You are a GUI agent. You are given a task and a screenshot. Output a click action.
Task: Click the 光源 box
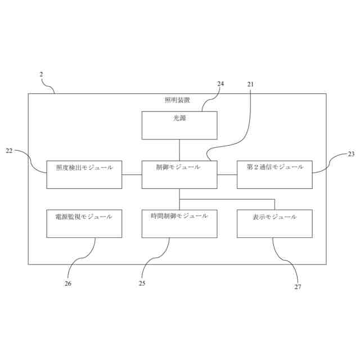[x=179, y=125]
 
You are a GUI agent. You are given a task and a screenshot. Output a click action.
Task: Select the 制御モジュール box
[x=179, y=174]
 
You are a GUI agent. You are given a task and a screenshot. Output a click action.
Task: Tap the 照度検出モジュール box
[x=84, y=174]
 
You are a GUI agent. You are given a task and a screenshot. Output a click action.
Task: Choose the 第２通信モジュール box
[x=274, y=174]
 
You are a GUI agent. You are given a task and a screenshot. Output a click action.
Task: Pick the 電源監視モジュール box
[x=84, y=223]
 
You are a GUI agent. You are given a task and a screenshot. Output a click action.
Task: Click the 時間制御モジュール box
[x=179, y=223]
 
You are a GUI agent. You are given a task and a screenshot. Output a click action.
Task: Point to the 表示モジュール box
[x=274, y=223]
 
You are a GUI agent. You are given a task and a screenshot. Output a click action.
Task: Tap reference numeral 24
[x=220, y=84]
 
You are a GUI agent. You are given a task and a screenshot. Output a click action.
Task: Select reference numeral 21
[x=251, y=84]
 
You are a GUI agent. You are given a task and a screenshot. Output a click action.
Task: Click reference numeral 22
[x=9, y=151]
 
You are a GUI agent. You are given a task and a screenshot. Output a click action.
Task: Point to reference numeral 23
[x=351, y=154]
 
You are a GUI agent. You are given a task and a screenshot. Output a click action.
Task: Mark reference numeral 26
[x=68, y=283]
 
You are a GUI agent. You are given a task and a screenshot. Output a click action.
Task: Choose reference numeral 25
[x=142, y=283]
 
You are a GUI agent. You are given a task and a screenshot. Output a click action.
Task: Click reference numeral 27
[x=298, y=287]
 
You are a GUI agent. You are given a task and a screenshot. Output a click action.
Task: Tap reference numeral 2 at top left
[x=41, y=74]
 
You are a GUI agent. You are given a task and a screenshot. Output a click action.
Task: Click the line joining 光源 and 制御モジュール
[x=179, y=150]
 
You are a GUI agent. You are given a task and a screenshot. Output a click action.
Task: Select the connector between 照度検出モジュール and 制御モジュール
[x=132, y=174]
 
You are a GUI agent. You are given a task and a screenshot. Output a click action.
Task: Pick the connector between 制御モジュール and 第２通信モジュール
[x=227, y=174]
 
